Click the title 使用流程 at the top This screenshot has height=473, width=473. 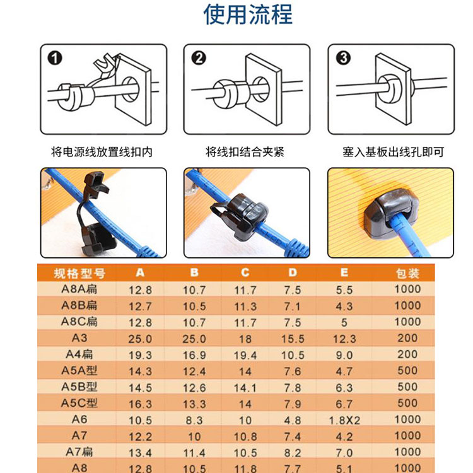coord(248,14)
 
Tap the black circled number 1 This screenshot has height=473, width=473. coord(55,58)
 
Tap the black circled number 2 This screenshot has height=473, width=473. coord(199,58)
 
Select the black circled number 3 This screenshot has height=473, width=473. coord(343,58)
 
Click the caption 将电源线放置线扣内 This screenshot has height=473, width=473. coord(102,152)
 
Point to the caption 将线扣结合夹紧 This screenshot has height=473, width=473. coord(245,152)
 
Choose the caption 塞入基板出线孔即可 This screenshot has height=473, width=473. coord(394,152)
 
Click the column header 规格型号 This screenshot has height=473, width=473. coord(79,274)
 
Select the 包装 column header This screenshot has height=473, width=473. coord(407,274)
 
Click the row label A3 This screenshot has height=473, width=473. coord(79,338)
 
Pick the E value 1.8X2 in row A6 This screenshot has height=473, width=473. coord(344,420)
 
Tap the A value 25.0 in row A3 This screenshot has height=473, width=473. coord(140,339)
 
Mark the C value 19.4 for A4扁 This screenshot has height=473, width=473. coord(245,355)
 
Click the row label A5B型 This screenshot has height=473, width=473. coord(79,387)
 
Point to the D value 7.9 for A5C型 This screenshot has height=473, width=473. coord(293,404)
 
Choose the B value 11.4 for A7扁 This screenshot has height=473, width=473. coord(194,453)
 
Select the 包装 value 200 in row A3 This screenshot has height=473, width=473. coord(407,338)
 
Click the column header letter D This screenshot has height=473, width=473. coord(293,272)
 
